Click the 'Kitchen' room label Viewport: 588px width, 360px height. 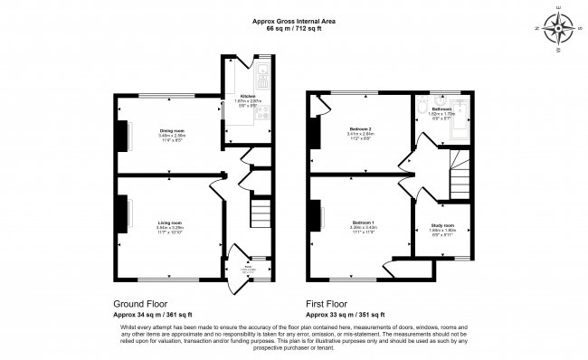(248, 96)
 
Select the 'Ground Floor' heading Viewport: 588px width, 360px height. (139, 304)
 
